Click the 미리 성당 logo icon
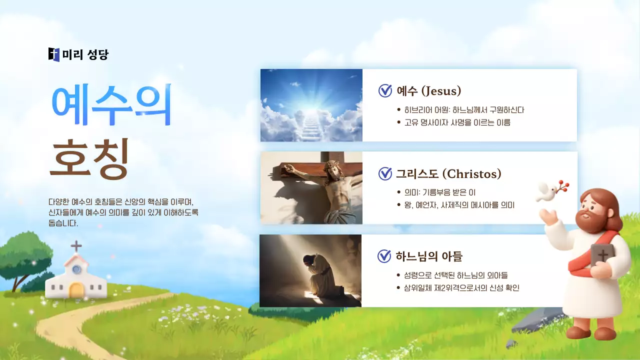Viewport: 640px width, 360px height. pyautogui.click(x=54, y=54)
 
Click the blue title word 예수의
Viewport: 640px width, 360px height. pyautogui.click(x=111, y=105)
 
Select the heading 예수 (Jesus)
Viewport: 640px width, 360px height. pyautogui.click(x=428, y=90)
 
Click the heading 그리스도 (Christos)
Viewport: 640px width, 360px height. pyautogui.click(x=448, y=173)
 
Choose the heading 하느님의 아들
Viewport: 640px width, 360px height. pyautogui.click(x=429, y=256)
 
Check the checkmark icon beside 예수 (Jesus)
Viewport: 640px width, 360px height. pyautogui.click(x=385, y=90)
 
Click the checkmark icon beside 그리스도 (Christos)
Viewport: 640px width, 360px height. pyautogui.click(x=385, y=173)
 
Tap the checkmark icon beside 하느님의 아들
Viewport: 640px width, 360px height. pyautogui.click(x=384, y=256)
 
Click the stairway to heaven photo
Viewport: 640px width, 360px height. pyautogui.click(x=311, y=105)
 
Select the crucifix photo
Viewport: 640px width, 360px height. pyautogui.click(x=311, y=188)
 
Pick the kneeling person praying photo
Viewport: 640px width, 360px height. pyautogui.click(x=310, y=270)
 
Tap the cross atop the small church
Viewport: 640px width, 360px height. pyautogui.click(x=76, y=246)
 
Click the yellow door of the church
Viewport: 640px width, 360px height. pyautogui.click(x=76, y=290)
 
